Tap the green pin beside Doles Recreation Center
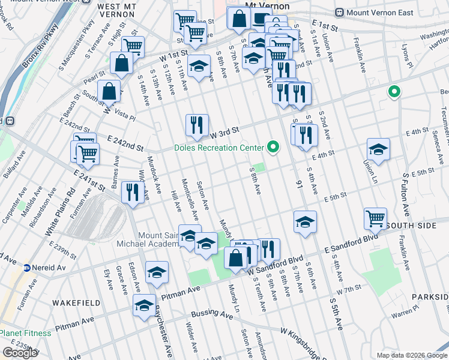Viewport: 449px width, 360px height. pos(274,147)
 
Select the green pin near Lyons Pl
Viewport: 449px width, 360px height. pos(394,92)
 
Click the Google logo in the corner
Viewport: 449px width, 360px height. pos(19,353)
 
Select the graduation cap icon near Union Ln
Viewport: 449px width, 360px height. pos(378,149)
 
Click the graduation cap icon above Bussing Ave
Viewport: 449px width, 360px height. pos(144,305)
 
